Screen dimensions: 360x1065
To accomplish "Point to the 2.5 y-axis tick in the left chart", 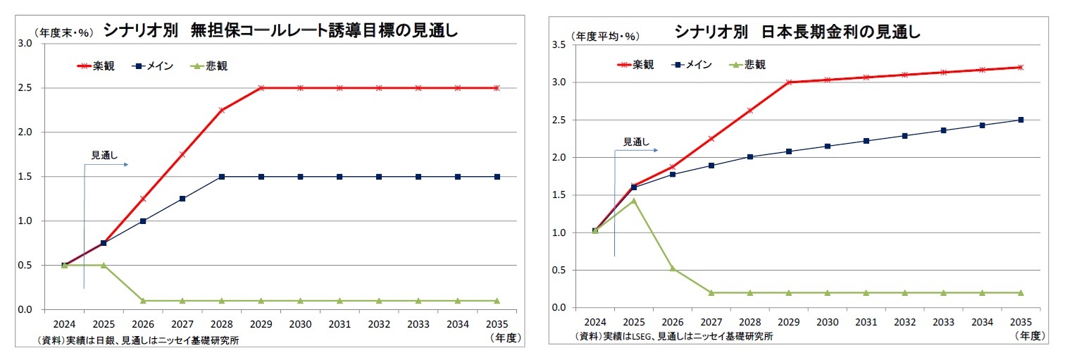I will pyautogui.click(x=26, y=88).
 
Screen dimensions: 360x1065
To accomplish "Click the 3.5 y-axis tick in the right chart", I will pyautogui.click(x=559, y=44).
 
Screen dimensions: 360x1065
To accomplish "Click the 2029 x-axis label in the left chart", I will pyautogui.click(x=261, y=325).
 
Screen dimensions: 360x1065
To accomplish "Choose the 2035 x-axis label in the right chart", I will pyautogui.click(x=1021, y=322).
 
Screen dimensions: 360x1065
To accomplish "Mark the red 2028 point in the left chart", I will pyautogui.click(x=222, y=110).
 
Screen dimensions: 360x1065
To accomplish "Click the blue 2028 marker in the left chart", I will pyautogui.click(x=222, y=177).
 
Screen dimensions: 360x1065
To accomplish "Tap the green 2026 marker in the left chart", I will pyautogui.click(x=143, y=301).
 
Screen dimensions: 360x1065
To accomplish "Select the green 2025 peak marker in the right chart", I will pyautogui.click(x=634, y=201).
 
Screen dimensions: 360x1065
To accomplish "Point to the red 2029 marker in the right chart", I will pyautogui.click(x=788, y=82).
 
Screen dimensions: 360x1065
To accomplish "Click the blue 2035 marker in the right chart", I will pyautogui.click(x=1021, y=120).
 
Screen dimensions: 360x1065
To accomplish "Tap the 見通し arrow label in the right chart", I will pyautogui.click(x=637, y=142).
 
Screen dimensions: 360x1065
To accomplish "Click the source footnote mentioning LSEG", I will pyautogui.click(x=673, y=336).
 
